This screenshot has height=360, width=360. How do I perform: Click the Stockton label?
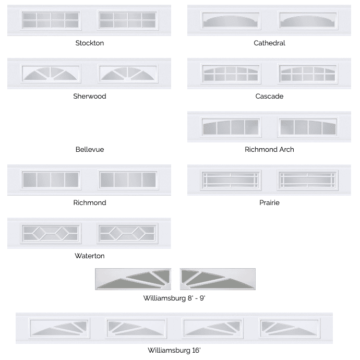click(x=90, y=43)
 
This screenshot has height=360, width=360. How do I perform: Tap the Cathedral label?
click(x=269, y=43)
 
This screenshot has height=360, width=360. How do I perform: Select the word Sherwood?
click(x=90, y=96)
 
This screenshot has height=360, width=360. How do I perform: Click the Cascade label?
click(x=269, y=96)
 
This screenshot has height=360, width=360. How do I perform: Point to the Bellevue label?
click(x=90, y=149)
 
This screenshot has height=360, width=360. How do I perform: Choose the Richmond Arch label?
click(x=269, y=149)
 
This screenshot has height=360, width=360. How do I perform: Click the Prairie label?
click(x=269, y=203)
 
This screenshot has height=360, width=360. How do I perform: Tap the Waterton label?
click(x=90, y=256)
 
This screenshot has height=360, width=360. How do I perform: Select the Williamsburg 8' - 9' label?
click(x=174, y=298)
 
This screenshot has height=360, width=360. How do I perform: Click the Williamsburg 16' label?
click(x=174, y=351)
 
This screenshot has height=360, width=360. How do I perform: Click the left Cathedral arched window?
click(x=231, y=20)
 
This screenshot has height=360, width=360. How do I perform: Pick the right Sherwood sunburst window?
click(x=128, y=74)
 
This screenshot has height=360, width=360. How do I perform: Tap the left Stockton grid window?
click(x=51, y=20)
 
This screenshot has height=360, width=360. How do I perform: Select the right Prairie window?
click(x=307, y=180)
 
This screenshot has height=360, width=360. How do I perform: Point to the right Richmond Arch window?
click(x=308, y=127)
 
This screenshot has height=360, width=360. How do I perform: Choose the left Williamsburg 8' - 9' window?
click(x=133, y=279)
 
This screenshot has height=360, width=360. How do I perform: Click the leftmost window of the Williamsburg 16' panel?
click(x=59, y=328)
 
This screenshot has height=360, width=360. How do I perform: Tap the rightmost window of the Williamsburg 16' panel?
click(x=290, y=328)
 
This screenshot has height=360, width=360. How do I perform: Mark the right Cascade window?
click(x=308, y=74)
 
